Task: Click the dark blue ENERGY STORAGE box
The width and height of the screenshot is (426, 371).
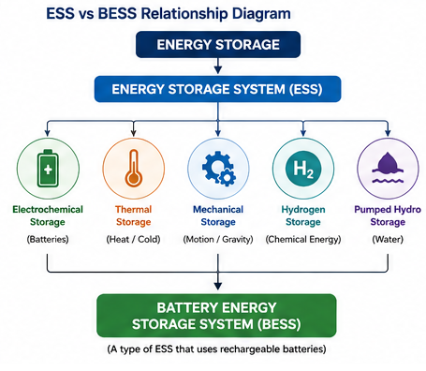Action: pyautogui.click(x=218, y=44)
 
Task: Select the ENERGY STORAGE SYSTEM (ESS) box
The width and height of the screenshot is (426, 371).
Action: pyautogui.click(x=217, y=89)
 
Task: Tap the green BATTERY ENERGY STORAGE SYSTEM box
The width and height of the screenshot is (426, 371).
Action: pyautogui.click(x=216, y=316)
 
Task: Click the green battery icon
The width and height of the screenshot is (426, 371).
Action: pyautogui.click(x=48, y=169)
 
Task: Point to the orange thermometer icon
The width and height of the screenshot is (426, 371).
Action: pyautogui.click(x=134, y=169)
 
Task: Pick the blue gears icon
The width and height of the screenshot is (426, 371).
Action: pyautogui.click(x=219, y=169)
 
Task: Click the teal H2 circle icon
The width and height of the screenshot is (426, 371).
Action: pyautogui.click(x=303, y=169)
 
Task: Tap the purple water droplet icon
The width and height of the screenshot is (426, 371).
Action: pyautogui.click(x=388, y=168)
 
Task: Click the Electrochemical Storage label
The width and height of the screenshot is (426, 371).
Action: pyautogui.click(x=48, y=215)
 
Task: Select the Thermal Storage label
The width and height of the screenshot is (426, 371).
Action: pyautogui.click(x=134, y=215)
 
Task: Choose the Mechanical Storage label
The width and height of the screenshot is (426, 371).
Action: pyautogui.click(x=218, y=215)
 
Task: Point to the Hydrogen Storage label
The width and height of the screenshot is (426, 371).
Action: pyautogui.click(x=303, y=215)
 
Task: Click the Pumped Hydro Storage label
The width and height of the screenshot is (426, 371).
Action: pyautogui.click(x=388, y=215)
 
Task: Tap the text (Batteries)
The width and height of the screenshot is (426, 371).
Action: pyautogui.click(x=48, y=239)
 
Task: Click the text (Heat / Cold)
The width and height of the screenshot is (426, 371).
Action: pyautogui.click(x=133, y=239)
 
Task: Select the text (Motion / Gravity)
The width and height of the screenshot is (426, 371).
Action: pyautogui.click(x=218, y=239)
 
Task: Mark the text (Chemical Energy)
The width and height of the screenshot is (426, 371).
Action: pyautogui.click(x=303, y=239)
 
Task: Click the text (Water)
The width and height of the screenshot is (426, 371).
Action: pyautogui.click(x=388, y=239)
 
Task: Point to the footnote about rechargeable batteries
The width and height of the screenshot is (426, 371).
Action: pyautogui.click(x=216, y=349)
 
